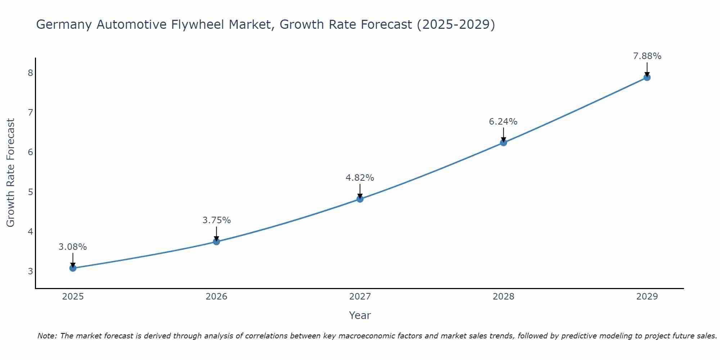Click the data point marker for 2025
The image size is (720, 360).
pyautogui.click(x=73, y=268)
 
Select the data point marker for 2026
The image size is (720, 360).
pyautogui.click(x=216, y=242)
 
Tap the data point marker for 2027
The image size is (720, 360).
pyautogui.click(x=360, y=199)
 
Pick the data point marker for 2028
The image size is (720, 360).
pyautogui.click(x=503, y=143)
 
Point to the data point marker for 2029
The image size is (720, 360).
pyautogui.click(x=647, y=77)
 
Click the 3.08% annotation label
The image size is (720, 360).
pyautogui.click(x=73, y=247)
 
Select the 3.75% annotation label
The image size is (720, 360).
pyautogui.click(x=216, y=220)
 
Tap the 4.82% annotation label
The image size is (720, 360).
pyautogui.click(x=360, y=178)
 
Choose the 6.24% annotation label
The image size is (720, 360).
pyautogui.click(x=503, y=122)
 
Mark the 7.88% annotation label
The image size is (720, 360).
pyautogui.click(x=647, y=56)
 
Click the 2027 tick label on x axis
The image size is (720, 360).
pyautogui.click(x=360, y=297)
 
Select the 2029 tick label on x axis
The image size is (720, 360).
pyautogui.click(x=647, y=297)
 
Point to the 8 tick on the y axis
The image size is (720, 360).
pyautogui.click(x=30, y=73)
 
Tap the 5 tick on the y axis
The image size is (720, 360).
pyautogui.click(x=30, y=192)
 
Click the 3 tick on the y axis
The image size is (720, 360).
pyautogui.click(x=30, y=271)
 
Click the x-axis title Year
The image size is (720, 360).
pyautogui.click(x=360, y=315)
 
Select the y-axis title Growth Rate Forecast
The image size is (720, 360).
pyautogui.click(x=11, y=173)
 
